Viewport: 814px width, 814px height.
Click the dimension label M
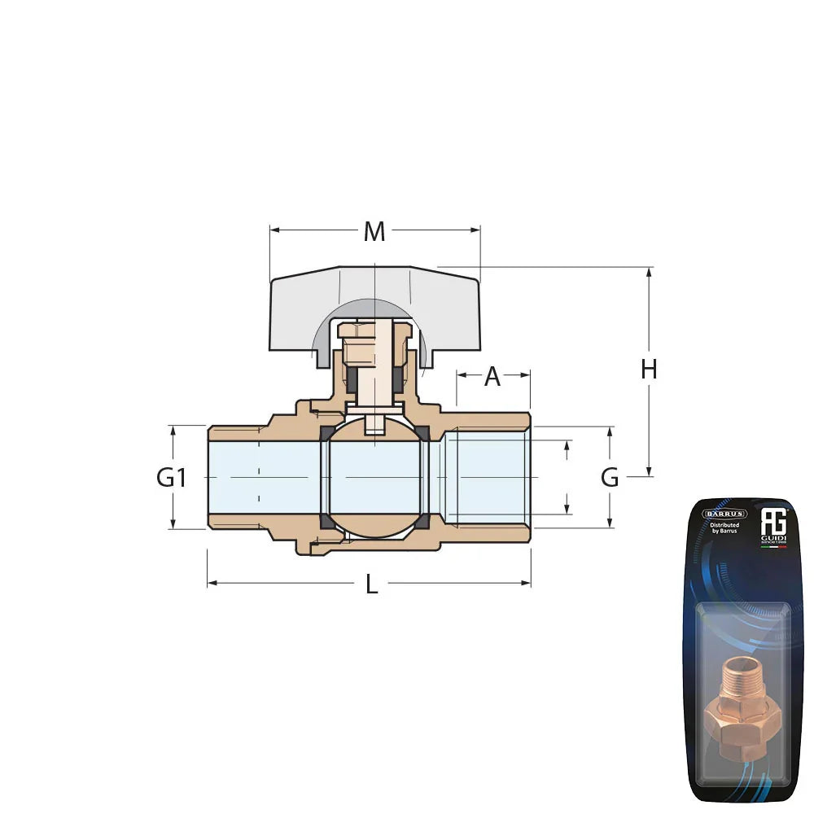374,232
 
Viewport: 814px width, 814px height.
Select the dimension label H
648,370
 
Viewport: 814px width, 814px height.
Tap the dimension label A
492,377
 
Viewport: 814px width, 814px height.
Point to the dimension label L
371,584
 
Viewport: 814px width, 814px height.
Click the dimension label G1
172,478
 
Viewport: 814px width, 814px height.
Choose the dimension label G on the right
610,478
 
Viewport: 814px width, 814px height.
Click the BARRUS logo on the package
724,514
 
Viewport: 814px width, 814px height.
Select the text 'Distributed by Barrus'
724,530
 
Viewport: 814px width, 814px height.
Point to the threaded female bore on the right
488,478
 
